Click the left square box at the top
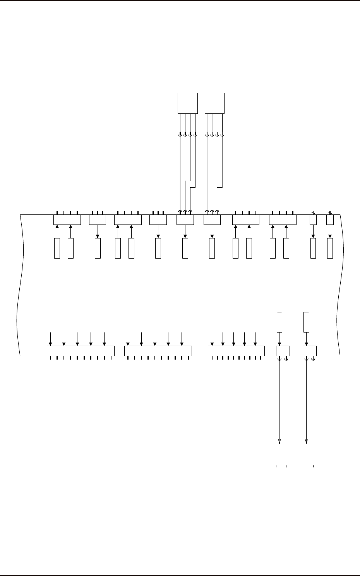coord(188,103)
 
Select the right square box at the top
coord(214,103)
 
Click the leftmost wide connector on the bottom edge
coord(81,351)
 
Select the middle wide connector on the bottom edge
coord(158,351)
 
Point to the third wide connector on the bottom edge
coord(236,351)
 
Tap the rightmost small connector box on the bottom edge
coord(309,351)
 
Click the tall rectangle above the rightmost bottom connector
coord(307,322)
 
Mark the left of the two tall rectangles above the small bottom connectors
coord(279,322)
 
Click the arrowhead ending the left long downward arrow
coord(279,442)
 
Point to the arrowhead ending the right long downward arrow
coord(307,442)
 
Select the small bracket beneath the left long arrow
coord(281,466)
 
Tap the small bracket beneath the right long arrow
coord(308,466)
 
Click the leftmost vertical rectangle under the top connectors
coord(57,249)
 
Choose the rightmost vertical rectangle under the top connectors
coord(330,249)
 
